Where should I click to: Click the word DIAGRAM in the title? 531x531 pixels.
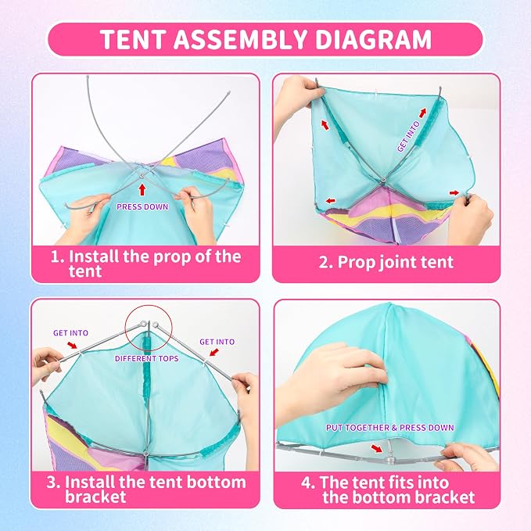pyautogui.click(x=373, y=39)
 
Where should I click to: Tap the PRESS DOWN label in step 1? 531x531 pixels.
pyautogui.click(x=142, y=206)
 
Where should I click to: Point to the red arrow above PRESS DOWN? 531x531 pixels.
pyautogui.click(x=142, y=189)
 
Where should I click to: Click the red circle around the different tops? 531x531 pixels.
pyautogui.click(x=149, y=306)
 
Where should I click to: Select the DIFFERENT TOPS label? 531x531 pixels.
pyautogui.click(x=147, y=358)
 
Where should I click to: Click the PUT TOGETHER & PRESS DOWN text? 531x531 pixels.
pyautogui.click(x=389, y=427)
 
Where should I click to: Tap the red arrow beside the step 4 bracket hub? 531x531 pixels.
pyautogui.click(x=377, y=449)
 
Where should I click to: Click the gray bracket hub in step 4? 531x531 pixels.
pyautogui.click(x=390, y=460)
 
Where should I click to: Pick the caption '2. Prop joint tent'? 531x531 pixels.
pyautogui.click(x=386, y=262)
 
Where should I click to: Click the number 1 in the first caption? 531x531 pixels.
pyautogui.click(x=55, y=257)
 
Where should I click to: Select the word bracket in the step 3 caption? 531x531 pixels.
pyautogui.click(x=95, y=497)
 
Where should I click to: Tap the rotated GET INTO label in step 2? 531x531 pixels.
pyautogui.click(x=409, y=136)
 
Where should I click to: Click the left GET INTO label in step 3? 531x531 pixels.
pyautogui.click(x=71, y=333)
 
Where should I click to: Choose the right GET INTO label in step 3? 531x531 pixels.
pyautogui.click(x=217, y=342)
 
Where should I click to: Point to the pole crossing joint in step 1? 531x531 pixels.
pyautogui.click(x=142, y=175)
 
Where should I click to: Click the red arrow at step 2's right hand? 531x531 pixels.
pyautogui.click(x=454, y=192)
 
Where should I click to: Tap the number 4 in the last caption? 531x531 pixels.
pyautogui.click(x=306, y=483)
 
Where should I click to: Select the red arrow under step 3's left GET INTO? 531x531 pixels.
pyautogui.click(x=72, y=345)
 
